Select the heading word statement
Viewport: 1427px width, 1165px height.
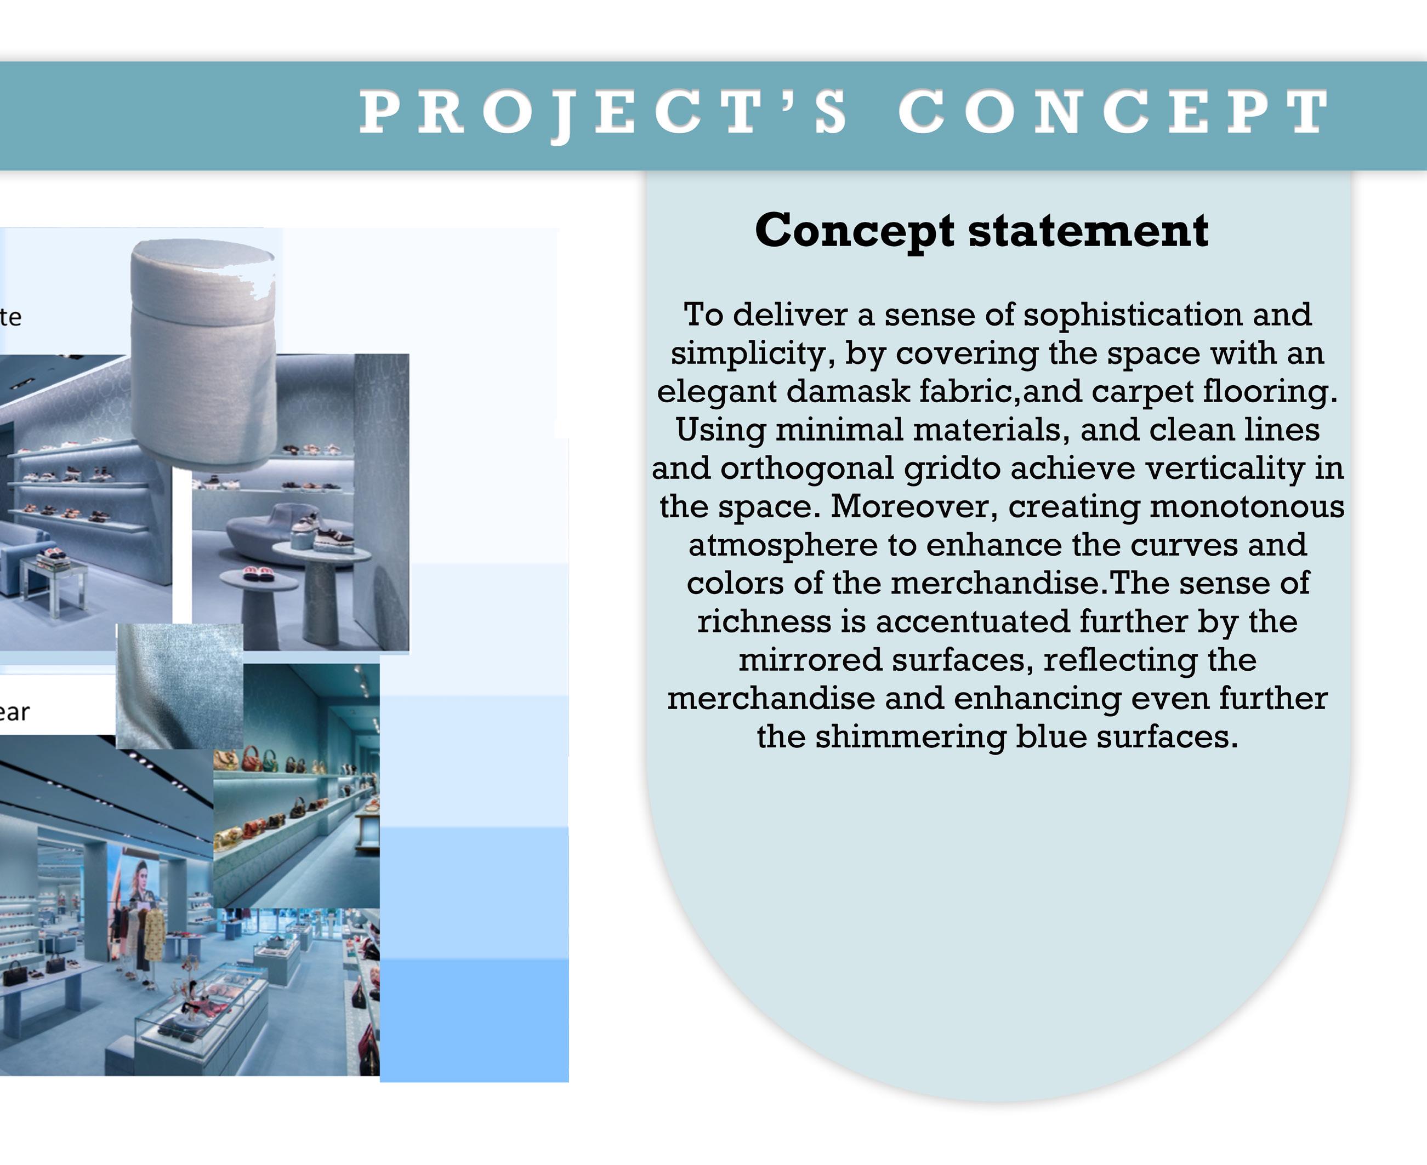(x=1088, y=230)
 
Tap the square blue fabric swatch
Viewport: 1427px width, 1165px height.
(x=180, y=686)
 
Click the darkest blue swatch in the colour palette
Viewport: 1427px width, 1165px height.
(x=474, y=1019)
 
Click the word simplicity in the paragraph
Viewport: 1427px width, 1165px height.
(x=752, y=353)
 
